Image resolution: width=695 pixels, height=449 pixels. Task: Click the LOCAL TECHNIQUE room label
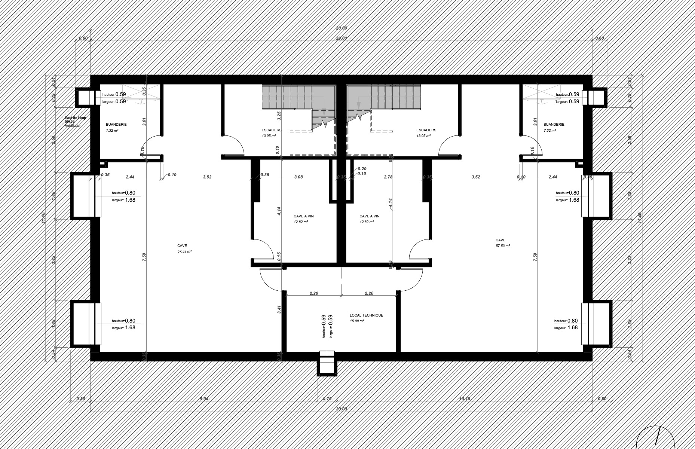click(x=366, y=315)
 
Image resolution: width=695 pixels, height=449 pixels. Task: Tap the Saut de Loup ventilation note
click(x=75, y=122)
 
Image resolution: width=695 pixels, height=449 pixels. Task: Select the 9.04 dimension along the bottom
click(x=204, y=399)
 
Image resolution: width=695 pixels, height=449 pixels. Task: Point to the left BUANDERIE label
click(x=116, y=124)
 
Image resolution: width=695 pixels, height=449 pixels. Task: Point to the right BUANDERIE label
click(x=554, y=124)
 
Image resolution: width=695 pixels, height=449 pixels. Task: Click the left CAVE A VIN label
click(x=303, y=216)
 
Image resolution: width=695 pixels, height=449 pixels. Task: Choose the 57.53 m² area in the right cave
click(x=503, y=246)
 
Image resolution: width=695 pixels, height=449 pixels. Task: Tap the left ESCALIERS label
click(x=272, y=130)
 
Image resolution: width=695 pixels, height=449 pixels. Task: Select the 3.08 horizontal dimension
click(x=298, y=177)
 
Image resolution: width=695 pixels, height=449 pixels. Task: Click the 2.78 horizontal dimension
click(x=388, y=177)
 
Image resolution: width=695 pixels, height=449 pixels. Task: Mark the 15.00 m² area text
click(x=357, y=321)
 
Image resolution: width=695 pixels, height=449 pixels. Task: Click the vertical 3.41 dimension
click(x=279, y=309)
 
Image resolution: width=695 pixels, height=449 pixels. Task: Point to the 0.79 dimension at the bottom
click(x=327, y=399)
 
